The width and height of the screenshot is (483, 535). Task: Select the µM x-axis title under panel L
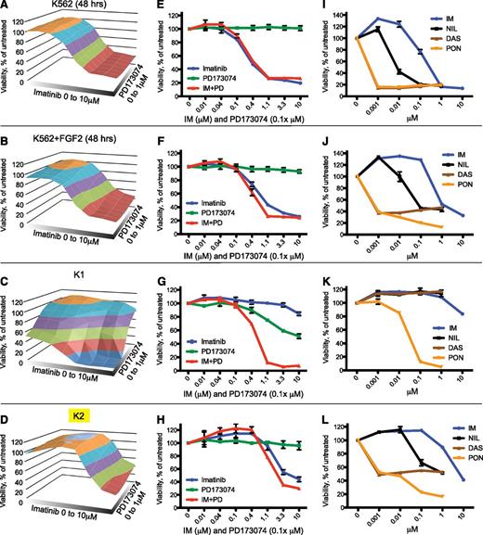[x=406, y=522]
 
